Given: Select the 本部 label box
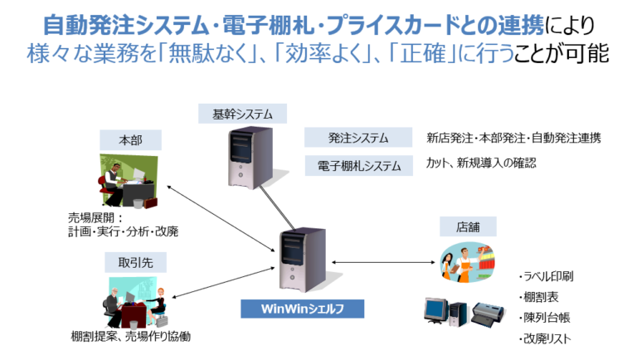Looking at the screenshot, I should pos(131,140).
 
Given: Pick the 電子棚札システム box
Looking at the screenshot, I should pos(357,165).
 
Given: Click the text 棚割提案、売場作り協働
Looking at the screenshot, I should pos(131,337).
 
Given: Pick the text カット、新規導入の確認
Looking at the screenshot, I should pos(481,163).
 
